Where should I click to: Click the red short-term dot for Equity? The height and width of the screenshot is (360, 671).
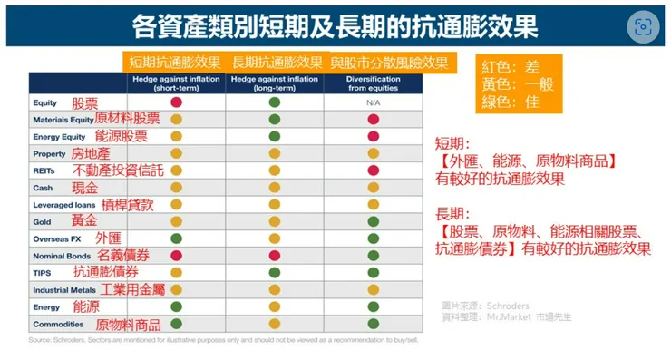[x=177, y=102]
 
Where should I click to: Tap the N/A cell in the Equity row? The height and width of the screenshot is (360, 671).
[x=372, y=102]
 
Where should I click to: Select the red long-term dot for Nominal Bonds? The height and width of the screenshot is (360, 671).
[x=274, y=256]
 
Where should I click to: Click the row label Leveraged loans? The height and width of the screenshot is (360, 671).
[x=63, y=205]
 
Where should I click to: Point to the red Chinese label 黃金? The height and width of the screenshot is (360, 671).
[x=85, y=221]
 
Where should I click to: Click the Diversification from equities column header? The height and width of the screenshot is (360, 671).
[x=373, y=83]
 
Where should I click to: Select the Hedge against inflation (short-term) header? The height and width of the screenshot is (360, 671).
[x=176, y=83]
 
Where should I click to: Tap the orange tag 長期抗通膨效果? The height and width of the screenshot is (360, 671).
[x=277, y=63]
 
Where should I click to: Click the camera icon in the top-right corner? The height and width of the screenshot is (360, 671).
[x=644, y=26]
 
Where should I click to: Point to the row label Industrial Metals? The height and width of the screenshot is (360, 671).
[x=64, y=290]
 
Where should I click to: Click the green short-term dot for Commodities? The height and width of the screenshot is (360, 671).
[x=177, y=323]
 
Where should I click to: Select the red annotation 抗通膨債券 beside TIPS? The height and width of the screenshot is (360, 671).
[x=106, y=273]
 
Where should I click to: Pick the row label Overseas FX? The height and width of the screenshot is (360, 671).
[x=57, y=238]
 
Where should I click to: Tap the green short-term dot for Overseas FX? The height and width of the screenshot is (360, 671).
[x=177, y=238]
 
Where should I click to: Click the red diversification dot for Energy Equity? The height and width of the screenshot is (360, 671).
[x=372, y=136]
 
